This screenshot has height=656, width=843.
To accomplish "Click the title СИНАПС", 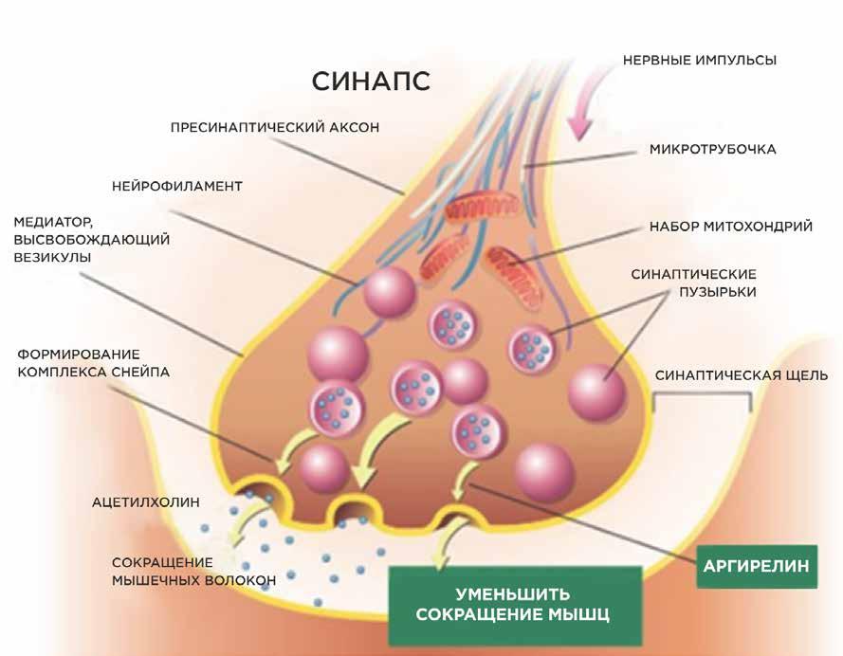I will coord(371,80).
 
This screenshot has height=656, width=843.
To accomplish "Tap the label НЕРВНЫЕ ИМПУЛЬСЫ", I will coord(699,60).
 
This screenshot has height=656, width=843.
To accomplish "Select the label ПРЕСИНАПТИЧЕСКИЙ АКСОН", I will coord(275,127).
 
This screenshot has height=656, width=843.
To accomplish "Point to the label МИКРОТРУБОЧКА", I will coord(713,149).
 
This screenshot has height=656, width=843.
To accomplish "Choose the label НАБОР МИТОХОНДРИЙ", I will coord(730,228).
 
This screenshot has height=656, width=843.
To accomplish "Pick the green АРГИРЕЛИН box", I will coord(756,566).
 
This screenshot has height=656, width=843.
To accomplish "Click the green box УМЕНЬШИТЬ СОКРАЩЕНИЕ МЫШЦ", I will coord(512,604).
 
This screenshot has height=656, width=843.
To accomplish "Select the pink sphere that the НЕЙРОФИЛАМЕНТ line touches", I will coord(390,293).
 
